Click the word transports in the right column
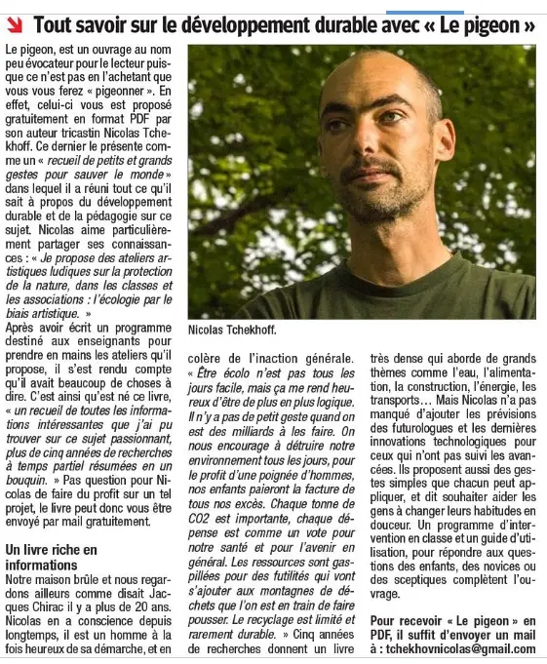[400, 398]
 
